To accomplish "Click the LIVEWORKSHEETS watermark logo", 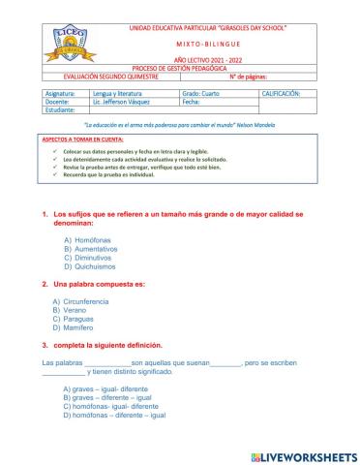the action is [x=303, y=455].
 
